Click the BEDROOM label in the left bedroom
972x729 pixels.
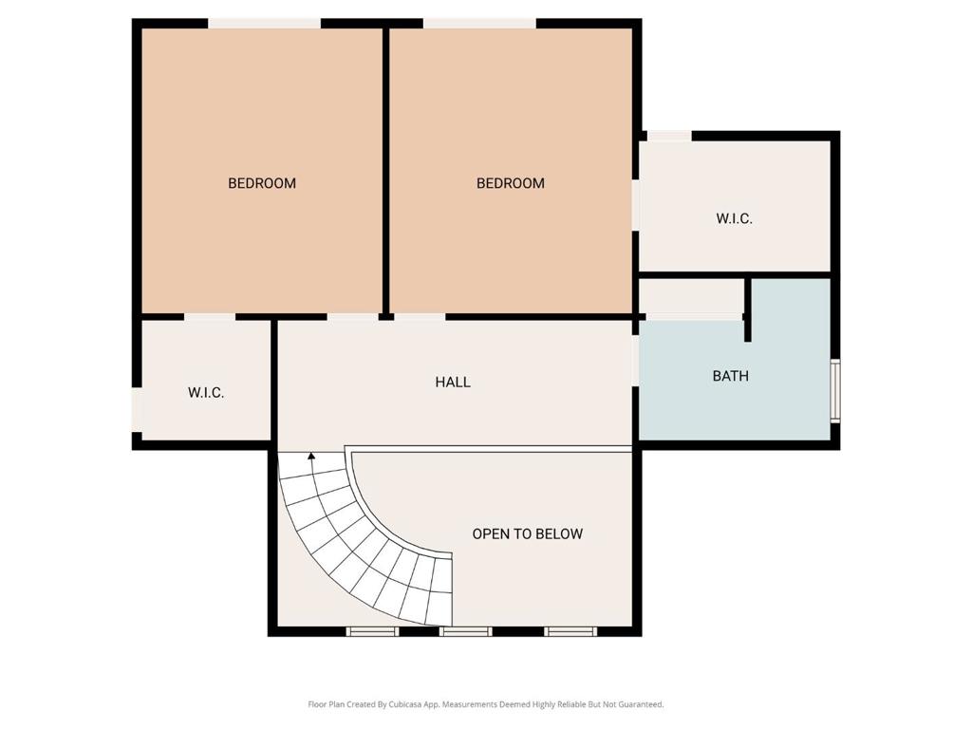coord(262,183)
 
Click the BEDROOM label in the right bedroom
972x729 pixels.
coord(510,183)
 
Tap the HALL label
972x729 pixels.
coord(453,382)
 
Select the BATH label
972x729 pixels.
coord(730,376)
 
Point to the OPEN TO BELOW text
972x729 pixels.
coord(528,533)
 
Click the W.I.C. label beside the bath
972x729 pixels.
coord(734,219)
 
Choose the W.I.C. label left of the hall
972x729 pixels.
coord(206,393)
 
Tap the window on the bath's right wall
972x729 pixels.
coord(835,390)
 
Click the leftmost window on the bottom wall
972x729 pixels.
coord(372,631)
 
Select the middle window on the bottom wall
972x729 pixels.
coord(465,631)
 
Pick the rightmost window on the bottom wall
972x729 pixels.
coord(570,631)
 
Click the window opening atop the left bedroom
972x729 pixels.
coord(264,24)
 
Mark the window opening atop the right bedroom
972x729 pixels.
coord(479,24)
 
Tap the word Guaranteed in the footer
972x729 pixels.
coord(644,704)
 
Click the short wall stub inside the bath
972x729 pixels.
coord(748,309)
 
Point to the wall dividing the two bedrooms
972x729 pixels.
coord(385,173)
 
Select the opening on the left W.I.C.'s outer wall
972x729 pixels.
coord(137,410)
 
